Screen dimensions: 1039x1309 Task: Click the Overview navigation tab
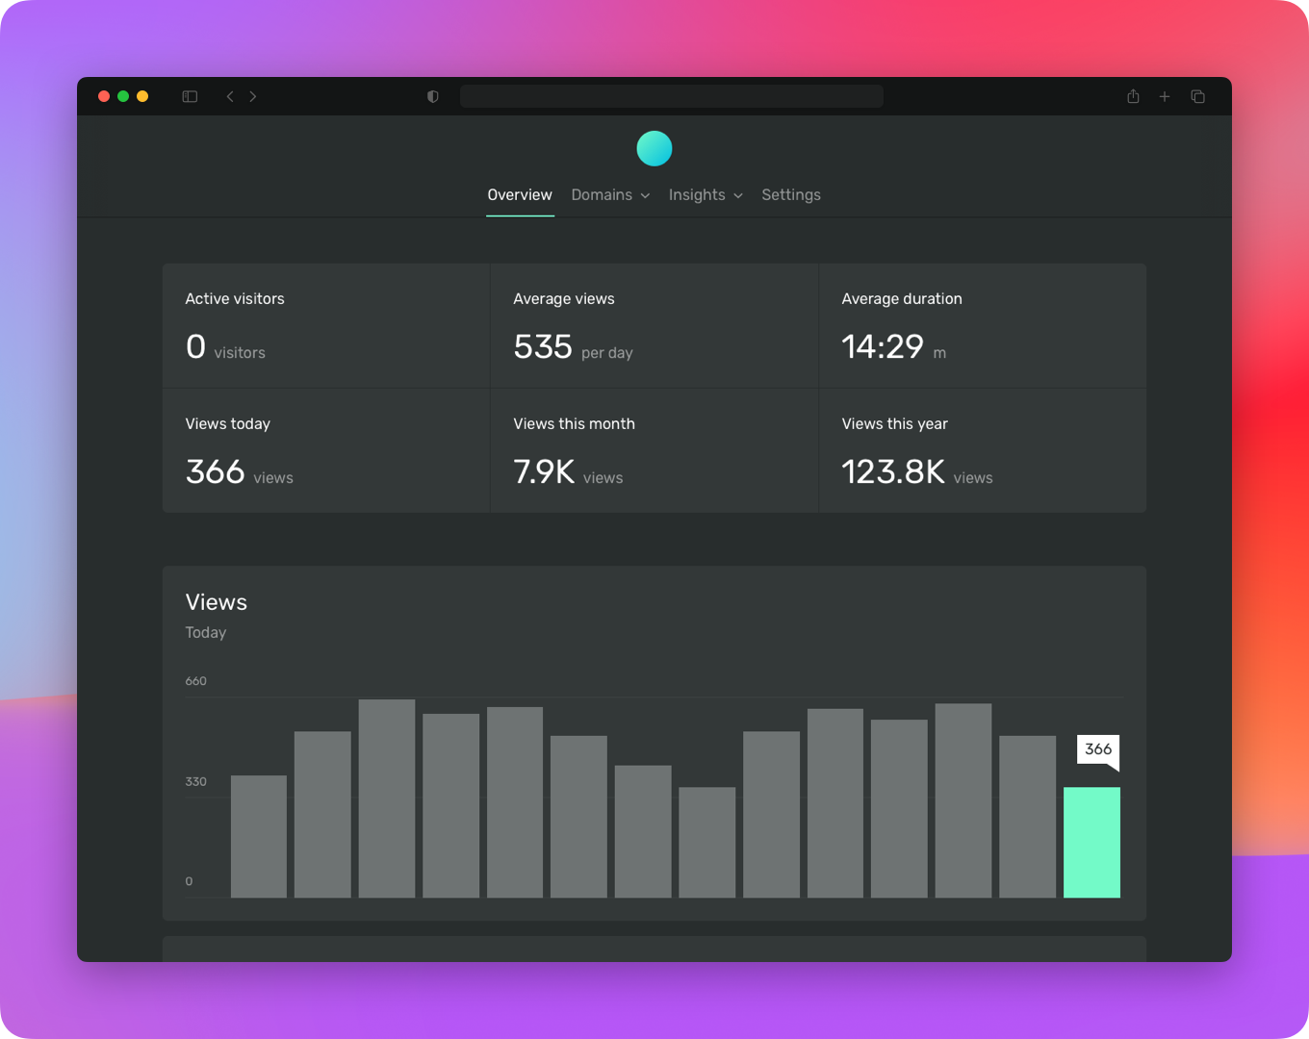(x=520, y=194)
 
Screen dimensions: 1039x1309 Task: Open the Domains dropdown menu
(x=610, y=194)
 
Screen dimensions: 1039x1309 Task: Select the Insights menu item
(x=706, y=194)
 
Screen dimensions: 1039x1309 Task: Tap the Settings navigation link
(x=791, y=194)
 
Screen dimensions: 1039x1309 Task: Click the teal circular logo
(x=654, y=148)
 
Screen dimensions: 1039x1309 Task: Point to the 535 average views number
(x=543, y=346)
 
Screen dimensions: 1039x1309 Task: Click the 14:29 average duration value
(x=883, y=346)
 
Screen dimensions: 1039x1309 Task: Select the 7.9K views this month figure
(x=544, y=471)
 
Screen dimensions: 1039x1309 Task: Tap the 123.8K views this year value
(x=893, y=471)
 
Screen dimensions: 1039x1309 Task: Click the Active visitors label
(x=235, y=298)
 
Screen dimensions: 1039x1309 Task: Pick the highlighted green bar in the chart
(x=1091, y=842)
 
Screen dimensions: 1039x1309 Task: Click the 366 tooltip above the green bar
(x=1098, y=749)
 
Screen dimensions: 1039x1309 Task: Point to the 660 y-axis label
(x=195, y=681)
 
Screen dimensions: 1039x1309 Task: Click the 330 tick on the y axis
(x=195, y=781)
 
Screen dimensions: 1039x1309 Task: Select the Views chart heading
(x=217, y=602)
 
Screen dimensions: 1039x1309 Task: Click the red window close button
(x=104, y=96)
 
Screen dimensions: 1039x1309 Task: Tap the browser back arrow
(x=230, y=96)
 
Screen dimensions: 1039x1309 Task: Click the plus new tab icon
(x=1165, y=96)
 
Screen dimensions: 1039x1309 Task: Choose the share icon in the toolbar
(x=1133, y=96)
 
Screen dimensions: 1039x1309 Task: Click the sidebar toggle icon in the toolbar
(x=190, y=96)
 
